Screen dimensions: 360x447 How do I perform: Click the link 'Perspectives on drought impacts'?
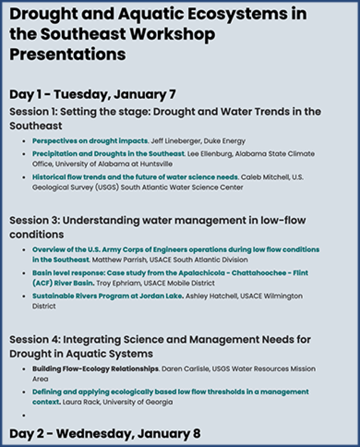[x=90, y=141]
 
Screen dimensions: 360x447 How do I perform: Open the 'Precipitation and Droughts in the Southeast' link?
[x=108, y=154]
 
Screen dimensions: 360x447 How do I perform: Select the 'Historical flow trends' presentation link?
[x=135, y=177]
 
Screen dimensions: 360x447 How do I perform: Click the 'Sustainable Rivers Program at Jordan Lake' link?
[x=108, y=296]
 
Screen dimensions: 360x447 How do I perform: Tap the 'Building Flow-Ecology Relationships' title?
[x=95, y=369]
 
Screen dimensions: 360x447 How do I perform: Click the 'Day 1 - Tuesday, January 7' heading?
[x=93, y=95]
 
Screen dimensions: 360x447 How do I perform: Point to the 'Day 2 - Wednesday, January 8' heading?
[x=105, y=434]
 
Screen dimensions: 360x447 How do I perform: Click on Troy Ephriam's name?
[x=119, y=283]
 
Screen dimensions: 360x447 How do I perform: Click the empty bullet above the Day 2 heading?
[x=24, y=415]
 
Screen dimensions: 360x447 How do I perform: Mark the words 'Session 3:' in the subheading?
[x=35, y=220]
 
